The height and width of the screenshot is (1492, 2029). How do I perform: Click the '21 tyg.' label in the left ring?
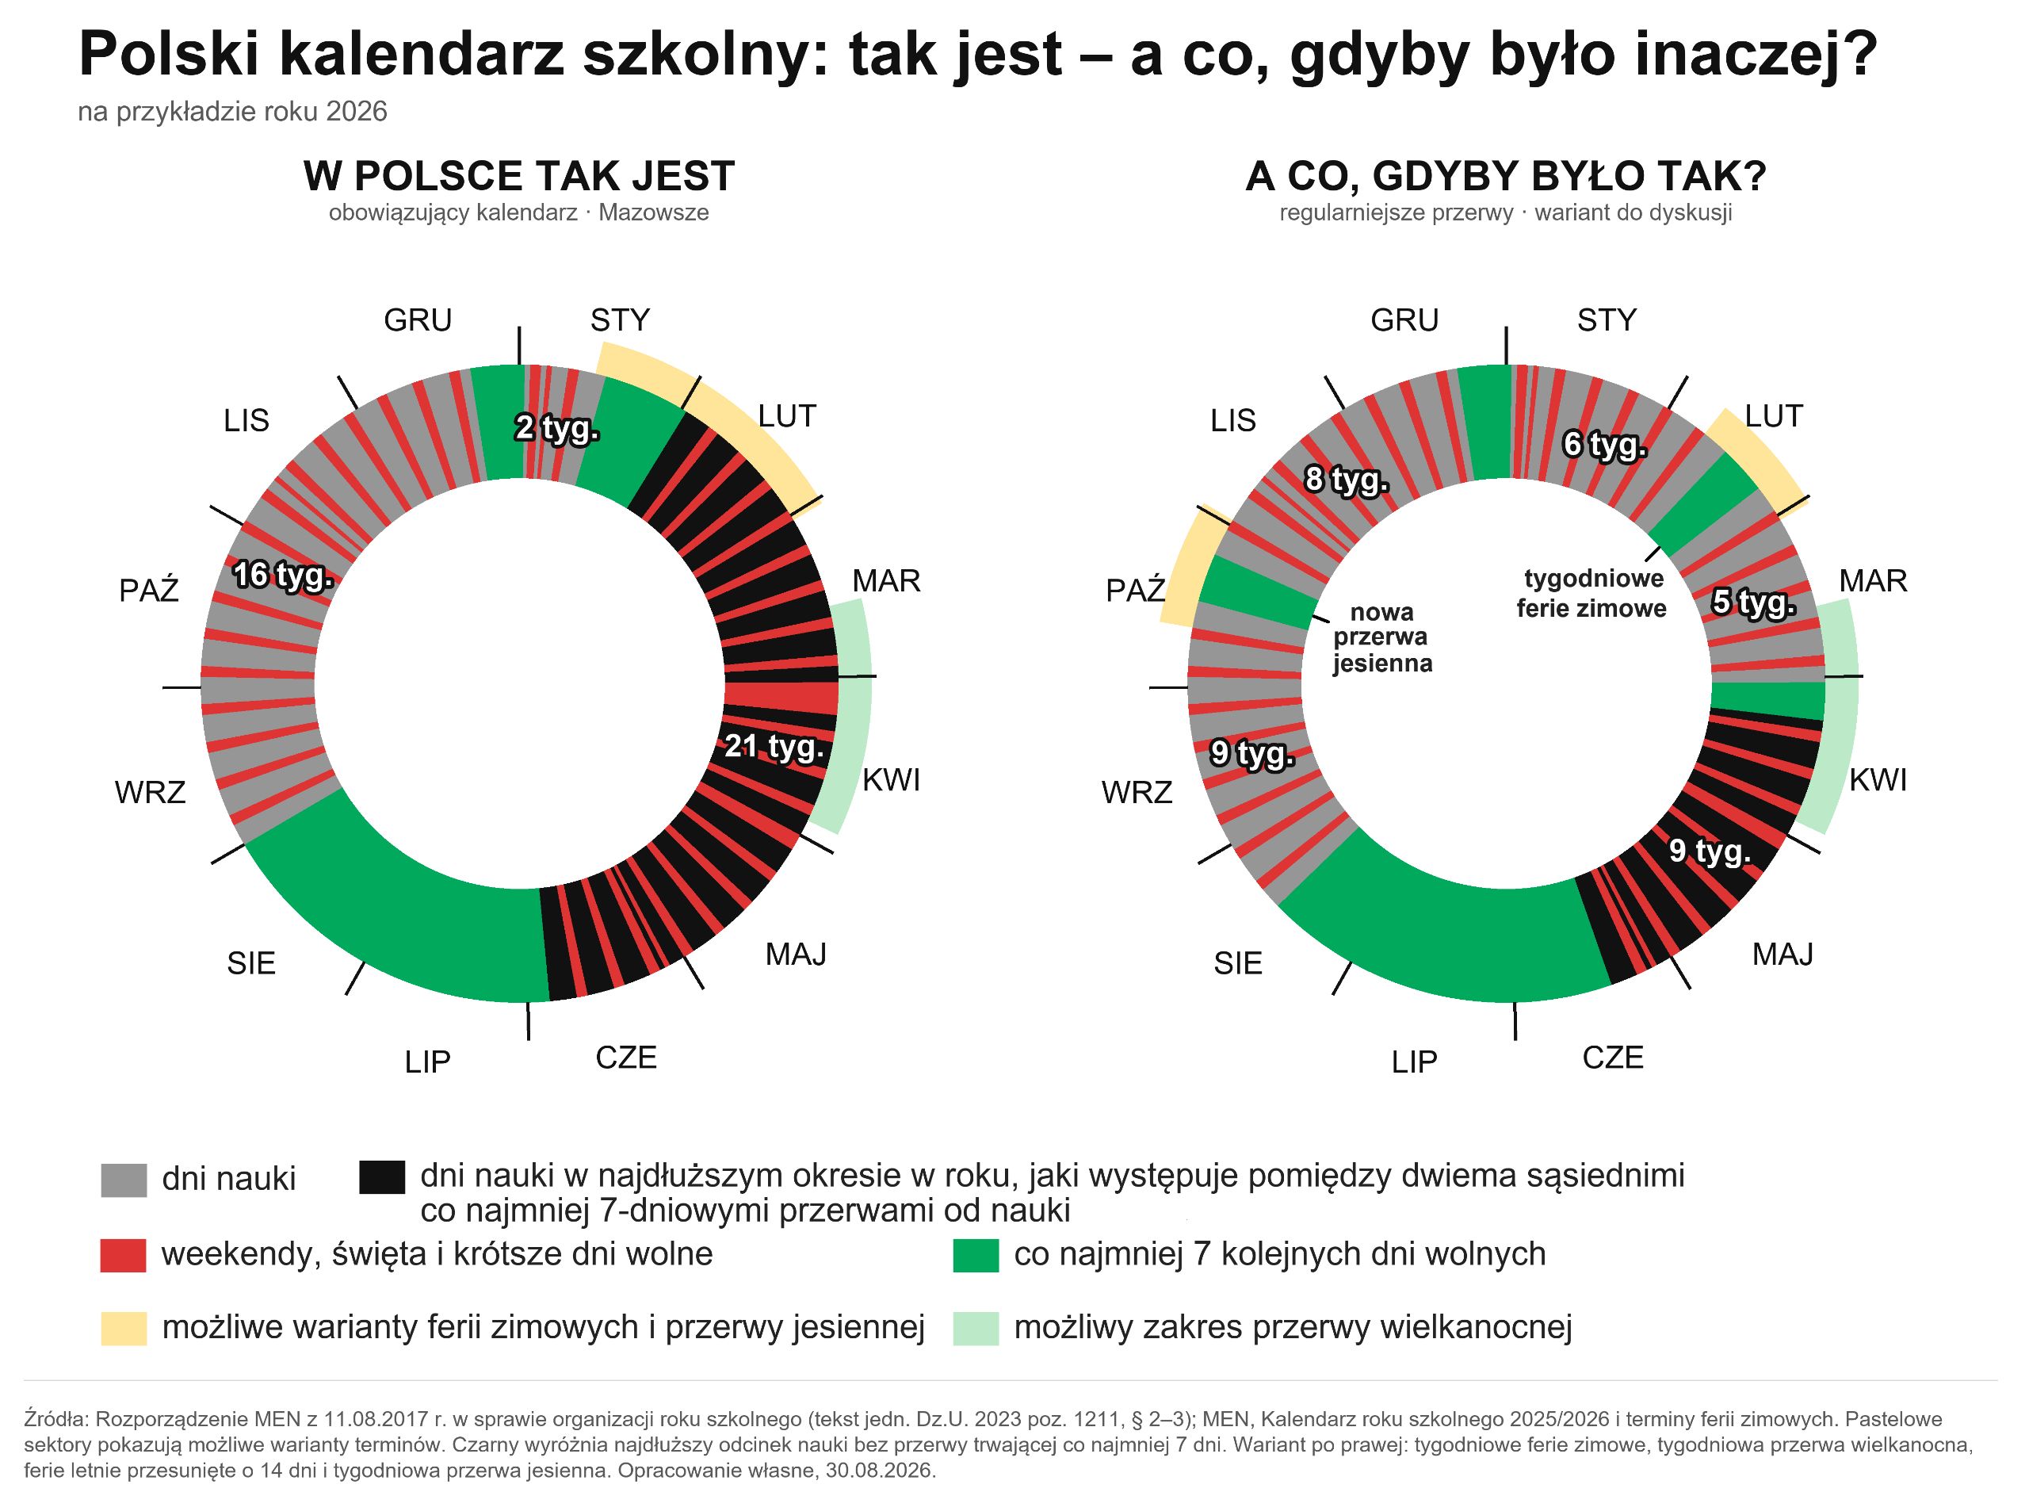(774, 746)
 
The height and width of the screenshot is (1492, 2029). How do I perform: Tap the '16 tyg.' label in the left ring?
(284, 575)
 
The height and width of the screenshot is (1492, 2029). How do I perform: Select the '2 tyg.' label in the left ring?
(557, 427)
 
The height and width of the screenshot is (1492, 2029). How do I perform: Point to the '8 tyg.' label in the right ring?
(1347, 480)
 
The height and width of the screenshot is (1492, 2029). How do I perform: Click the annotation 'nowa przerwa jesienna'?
(1382, 637)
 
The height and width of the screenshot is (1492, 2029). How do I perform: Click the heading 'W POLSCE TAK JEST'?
(519, 176)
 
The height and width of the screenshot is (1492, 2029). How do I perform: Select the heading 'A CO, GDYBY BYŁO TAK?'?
(1505, 176)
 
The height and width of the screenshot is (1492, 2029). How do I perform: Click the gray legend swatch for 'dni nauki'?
(124, 1180)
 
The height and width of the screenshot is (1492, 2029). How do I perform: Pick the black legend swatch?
(382, 1176)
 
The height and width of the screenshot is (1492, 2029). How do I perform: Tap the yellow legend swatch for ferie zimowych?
(124, 1329)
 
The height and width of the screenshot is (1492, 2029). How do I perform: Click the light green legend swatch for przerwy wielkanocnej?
(976, 1329)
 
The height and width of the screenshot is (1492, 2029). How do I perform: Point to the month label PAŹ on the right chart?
(1136, 591)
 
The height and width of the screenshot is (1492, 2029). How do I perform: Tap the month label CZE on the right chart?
(1613, 1058)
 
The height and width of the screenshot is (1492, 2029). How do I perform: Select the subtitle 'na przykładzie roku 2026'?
(232, 112)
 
